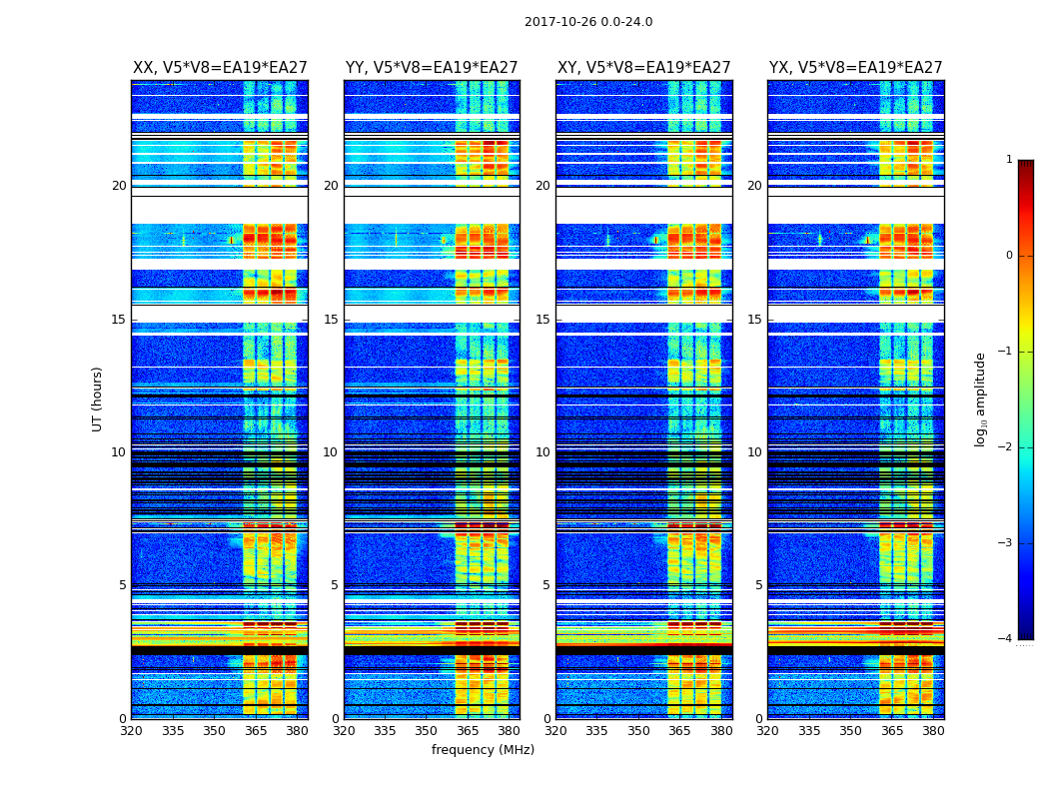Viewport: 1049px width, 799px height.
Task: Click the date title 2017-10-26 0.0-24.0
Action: [x=588, y=22]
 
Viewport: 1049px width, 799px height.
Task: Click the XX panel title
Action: [x=220, y=68]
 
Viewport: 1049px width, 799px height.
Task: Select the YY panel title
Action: [x=432, y=68]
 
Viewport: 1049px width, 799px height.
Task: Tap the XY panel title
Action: [x=644, y=68]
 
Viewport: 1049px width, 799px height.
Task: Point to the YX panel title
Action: [x=856, y=68]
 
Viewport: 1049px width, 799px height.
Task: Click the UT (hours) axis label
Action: [x=97, y=399]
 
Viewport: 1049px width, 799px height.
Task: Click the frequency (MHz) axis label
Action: [x=483, y=750]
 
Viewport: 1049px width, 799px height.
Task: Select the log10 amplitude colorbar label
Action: [x=981, y=399]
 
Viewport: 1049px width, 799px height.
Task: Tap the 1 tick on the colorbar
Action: [x=1008, y=160]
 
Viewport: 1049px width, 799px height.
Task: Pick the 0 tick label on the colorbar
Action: [x=1008, y=256]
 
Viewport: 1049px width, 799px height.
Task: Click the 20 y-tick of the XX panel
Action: [x=119, y=186]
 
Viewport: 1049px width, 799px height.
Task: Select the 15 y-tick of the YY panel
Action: [x=331, y=320]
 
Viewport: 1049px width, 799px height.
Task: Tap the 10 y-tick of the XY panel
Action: [x=542, y=452]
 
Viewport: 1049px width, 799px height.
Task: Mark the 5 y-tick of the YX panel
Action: [x=758, y=585]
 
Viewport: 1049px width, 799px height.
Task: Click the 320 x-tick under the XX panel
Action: [x=131, y=731]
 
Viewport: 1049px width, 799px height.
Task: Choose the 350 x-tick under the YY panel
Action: [x=427, y=731]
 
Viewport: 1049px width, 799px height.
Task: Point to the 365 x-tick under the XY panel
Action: [x=679, y=731]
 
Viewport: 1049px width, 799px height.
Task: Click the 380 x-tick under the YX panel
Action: [x=933, y=731]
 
